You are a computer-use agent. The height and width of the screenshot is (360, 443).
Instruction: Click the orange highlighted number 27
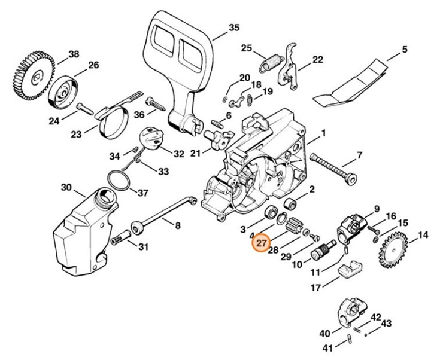[260, 244]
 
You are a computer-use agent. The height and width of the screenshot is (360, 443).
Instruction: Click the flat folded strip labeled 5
[353, 81]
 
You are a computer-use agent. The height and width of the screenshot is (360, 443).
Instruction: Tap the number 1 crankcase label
[324, 133]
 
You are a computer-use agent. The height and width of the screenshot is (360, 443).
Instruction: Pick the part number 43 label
[386, 324]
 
